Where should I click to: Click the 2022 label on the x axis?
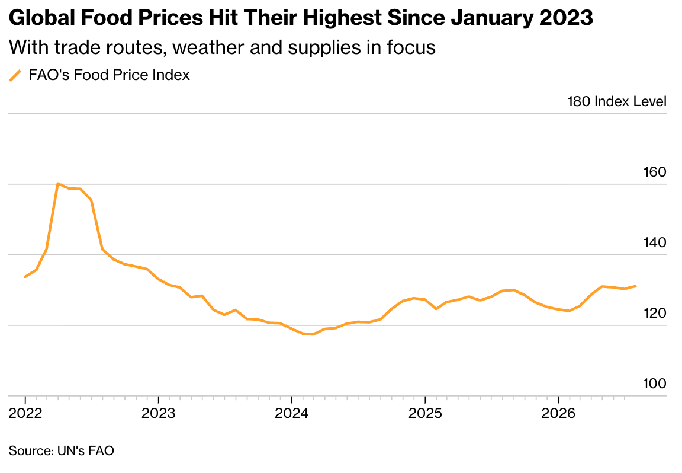25,413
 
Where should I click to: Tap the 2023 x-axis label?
158,413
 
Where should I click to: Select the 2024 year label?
291,413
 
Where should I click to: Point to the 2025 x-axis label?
425,413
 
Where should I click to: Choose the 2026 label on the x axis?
558,413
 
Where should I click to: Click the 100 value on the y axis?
655,383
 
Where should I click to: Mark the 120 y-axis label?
655,313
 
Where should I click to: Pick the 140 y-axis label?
655,242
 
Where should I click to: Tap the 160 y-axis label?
655,172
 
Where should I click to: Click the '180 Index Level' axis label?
617,101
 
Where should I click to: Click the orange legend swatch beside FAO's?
15,75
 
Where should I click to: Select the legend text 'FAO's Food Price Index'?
109,75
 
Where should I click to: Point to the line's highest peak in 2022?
58,183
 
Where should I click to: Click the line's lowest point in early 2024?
313,334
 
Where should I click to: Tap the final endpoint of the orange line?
635,286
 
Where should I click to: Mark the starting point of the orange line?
25,277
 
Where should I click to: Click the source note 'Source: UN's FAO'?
62,450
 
